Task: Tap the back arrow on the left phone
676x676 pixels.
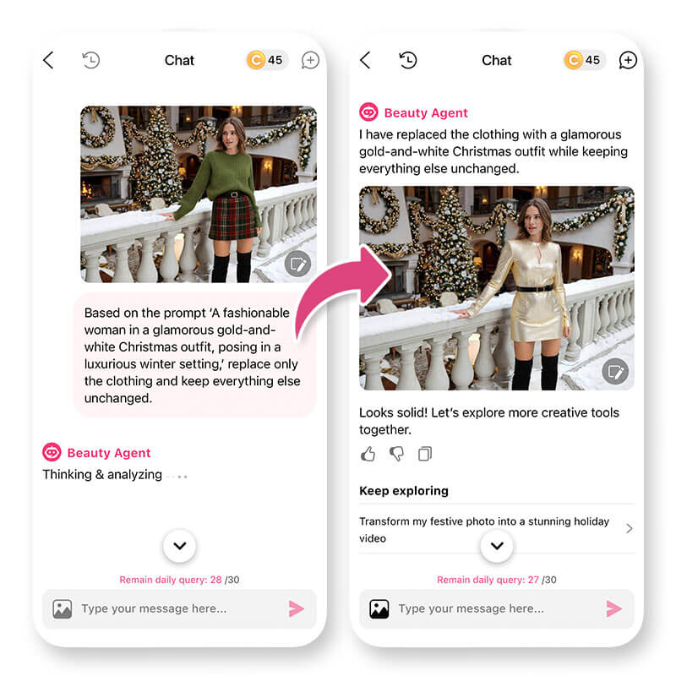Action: (48, 60)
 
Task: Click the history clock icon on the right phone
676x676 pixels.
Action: (408, 60)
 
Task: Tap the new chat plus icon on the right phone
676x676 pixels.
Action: (628, 60)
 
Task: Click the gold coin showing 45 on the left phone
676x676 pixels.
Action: (256, 60)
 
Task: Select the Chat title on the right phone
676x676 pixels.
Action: (497, 60)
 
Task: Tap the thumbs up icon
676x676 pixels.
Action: (368, 454)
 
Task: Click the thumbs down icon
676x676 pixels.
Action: (396, 454)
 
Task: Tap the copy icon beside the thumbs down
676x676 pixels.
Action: (425, 454)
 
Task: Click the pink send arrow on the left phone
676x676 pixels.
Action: (297, 608)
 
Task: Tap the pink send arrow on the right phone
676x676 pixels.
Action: (614, 608)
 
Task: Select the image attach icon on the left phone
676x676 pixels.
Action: (63, 609)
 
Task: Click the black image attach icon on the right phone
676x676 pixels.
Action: (379, 609)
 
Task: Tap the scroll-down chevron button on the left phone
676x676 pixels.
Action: (180, 546)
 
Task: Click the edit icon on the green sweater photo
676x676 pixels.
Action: (298, 264)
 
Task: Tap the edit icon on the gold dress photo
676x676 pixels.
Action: (615, 371)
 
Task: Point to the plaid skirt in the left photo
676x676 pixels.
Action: (233, 217)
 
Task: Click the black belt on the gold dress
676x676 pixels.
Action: (535, 288)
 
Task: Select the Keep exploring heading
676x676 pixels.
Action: (404, 491)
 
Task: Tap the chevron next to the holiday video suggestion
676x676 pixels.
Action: (630, 529)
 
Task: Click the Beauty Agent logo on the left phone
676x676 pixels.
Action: (52, 452)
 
